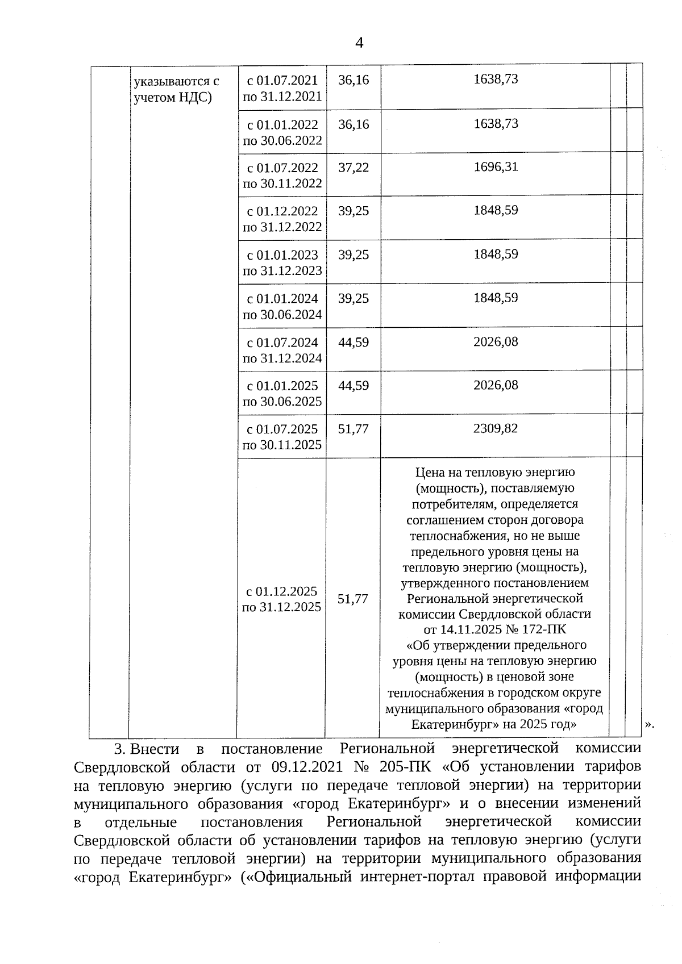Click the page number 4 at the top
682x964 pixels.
359,43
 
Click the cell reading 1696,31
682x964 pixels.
496,167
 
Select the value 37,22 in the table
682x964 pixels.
354,168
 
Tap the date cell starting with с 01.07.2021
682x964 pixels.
282,89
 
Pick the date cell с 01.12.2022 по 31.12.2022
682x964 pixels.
282,219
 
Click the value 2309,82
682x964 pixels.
496,428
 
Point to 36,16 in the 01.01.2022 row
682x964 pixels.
354,124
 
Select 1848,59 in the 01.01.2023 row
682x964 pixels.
496,254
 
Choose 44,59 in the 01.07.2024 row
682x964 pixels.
354,343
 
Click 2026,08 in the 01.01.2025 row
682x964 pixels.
496,385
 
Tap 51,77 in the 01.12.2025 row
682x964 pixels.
353,599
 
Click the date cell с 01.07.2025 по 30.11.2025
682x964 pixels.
282,437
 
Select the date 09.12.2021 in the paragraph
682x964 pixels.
307,767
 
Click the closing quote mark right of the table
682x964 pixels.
650,725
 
